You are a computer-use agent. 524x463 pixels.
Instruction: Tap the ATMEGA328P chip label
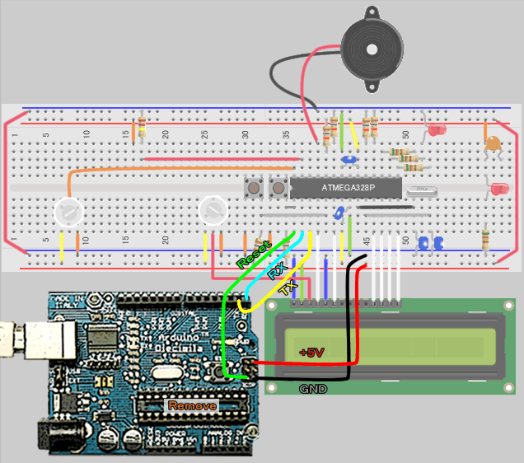(x=347, y=189)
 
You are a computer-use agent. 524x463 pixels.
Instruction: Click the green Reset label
(x=251, y=255)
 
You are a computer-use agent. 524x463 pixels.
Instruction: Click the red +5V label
(x=312, y=352)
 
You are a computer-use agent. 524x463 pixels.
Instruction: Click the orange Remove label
(x=192, y=405)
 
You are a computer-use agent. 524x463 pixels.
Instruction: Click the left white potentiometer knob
(x=68, y=213)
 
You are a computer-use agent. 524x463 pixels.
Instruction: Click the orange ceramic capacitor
(x=493, y=144)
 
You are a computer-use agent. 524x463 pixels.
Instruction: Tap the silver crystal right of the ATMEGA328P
(x=422, y=191)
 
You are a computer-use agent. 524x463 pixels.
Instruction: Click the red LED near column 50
(x=436, y=130)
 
